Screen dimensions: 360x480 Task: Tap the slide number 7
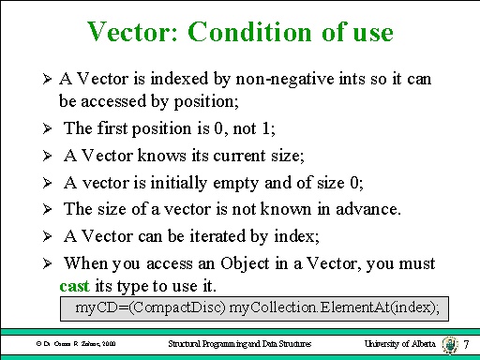pyautogui.click(x=466, y=344)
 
